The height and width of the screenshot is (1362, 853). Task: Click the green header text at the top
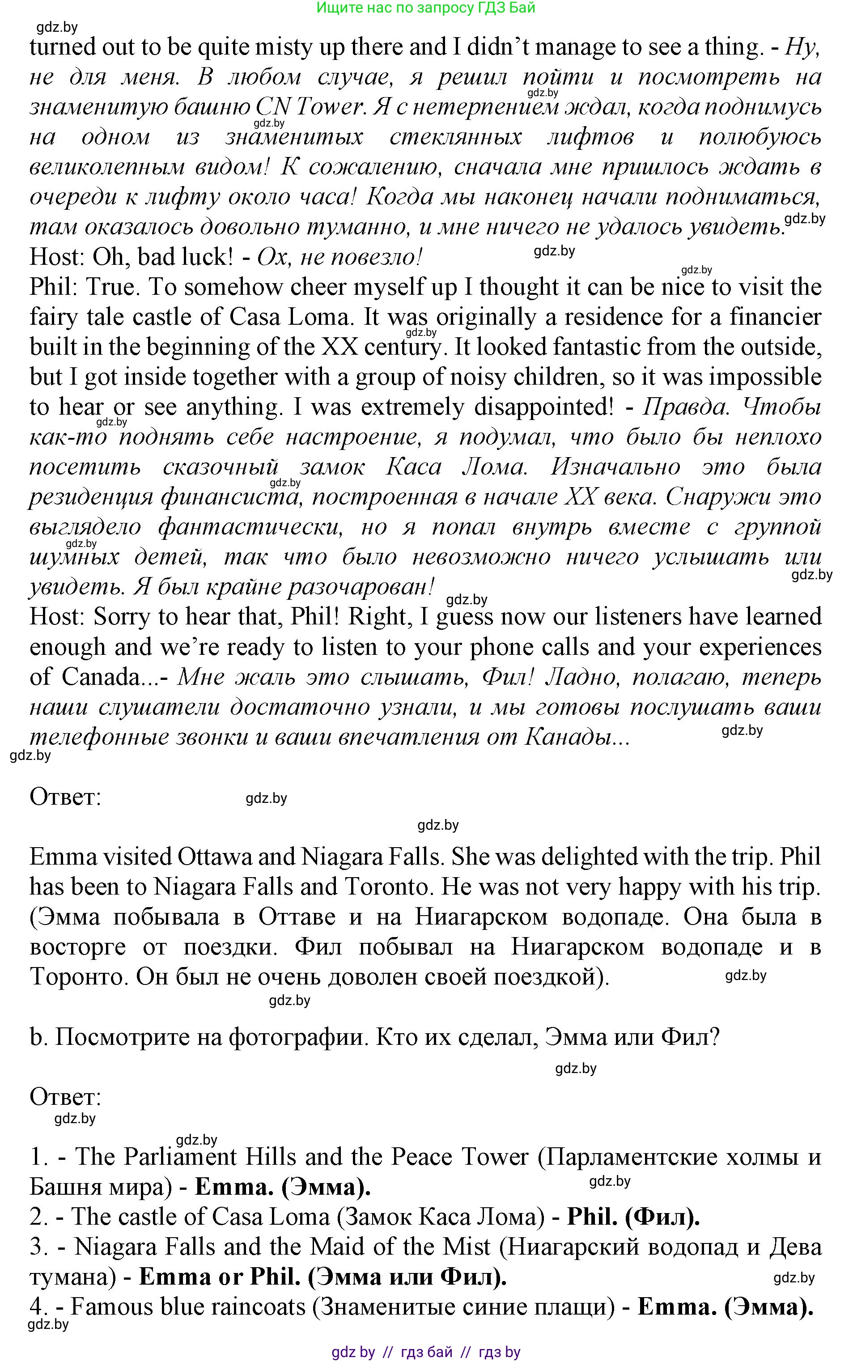tap(426, 8)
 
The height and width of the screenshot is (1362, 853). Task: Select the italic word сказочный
tap(221, 467)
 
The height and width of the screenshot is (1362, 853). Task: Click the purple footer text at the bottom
tap(426, 1352)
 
